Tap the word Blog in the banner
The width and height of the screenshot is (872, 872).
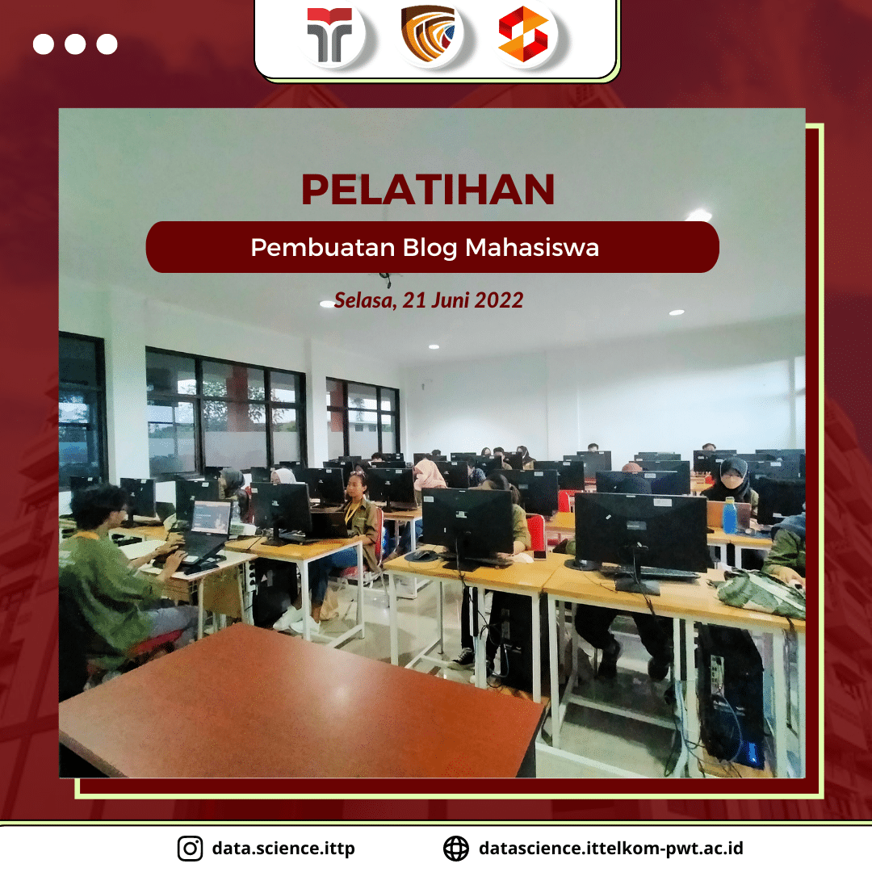430,248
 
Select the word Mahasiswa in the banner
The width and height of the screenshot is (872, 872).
531,248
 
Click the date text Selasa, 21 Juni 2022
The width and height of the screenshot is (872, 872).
428,300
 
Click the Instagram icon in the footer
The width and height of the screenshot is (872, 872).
191,848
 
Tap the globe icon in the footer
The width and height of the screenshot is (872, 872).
456,848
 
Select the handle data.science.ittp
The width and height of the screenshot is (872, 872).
283,848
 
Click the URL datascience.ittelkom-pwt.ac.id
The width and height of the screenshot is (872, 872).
610,848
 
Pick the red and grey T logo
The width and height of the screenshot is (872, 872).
329,35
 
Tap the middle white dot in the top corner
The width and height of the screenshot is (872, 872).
75,44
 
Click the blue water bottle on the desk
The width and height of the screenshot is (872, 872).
730,515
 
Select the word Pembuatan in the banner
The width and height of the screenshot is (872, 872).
322,248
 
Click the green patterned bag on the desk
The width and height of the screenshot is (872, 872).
761,593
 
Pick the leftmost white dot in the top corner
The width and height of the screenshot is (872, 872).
44,44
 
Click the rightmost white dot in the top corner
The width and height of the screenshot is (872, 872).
107,44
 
